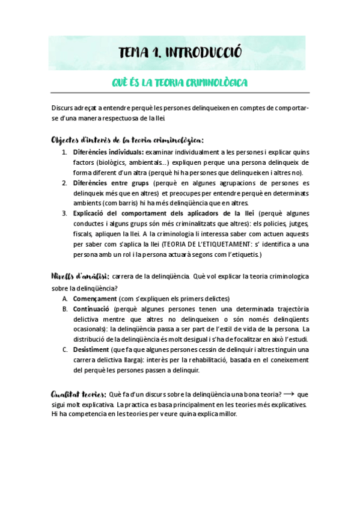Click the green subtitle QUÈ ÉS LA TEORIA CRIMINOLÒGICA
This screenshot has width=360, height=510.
pyautogui.click(x=180, y=82)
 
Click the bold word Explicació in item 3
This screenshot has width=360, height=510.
pyautogui.click(x=92, y=214)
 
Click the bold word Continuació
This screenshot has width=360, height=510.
pyautogui.click(x=94, y=309)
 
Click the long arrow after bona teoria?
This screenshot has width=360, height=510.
pyautogui.click(x=288, y=394)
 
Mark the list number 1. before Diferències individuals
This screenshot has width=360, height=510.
pyautogui.click(x=64, y=152)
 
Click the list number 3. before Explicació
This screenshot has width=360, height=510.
pyautogui.click(x=64, y=214)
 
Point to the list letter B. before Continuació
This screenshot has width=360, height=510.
pyautogui.click(x=65, y=309)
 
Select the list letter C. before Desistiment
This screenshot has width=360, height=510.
pyautogui.click(x=65, y=350)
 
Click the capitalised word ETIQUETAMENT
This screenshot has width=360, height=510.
pyautogui.click(x=222, y=244)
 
